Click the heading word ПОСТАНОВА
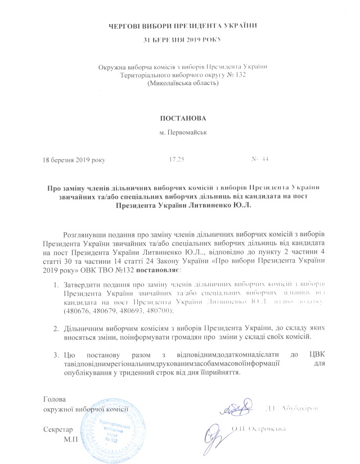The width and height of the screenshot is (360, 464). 179,119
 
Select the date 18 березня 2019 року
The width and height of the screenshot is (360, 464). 74,160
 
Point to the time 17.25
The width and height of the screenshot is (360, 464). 177,160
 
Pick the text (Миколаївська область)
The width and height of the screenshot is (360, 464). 180,83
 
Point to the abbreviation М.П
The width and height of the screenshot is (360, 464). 71,438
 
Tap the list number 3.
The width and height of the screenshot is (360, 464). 56,354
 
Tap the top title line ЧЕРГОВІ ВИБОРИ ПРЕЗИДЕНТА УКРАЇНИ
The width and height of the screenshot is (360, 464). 180,25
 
